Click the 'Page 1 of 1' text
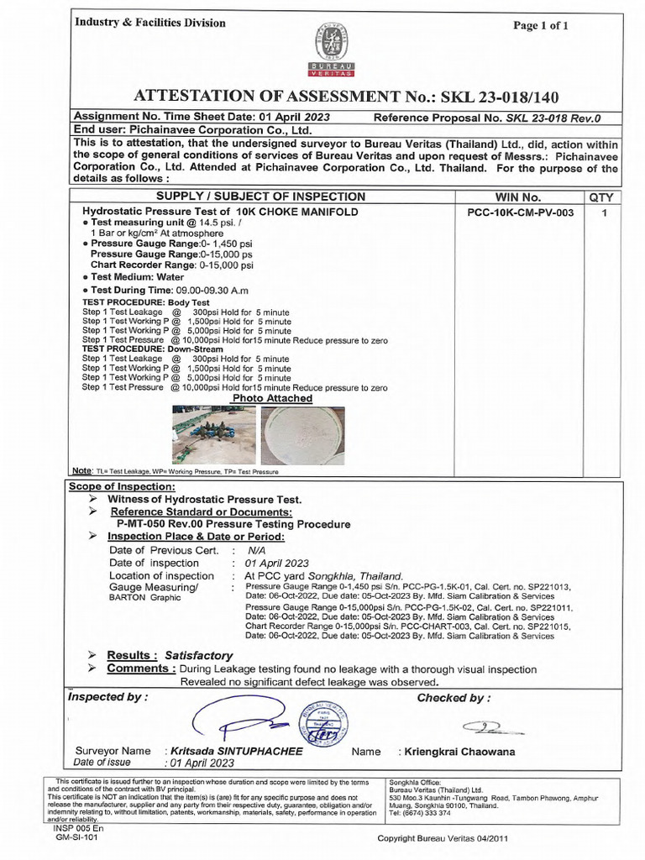point(541,25)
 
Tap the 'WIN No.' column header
point(520,197)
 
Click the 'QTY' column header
point(601,197)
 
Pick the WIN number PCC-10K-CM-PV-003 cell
point(520,212)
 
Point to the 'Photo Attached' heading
point(266,398)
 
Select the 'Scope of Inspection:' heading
point(122,487)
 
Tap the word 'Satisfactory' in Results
point(198,655)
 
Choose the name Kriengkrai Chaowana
point(460,752)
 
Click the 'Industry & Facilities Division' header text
point(149,23)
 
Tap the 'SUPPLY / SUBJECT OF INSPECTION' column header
point(265,197)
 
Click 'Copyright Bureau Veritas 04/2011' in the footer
point(443,838)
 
